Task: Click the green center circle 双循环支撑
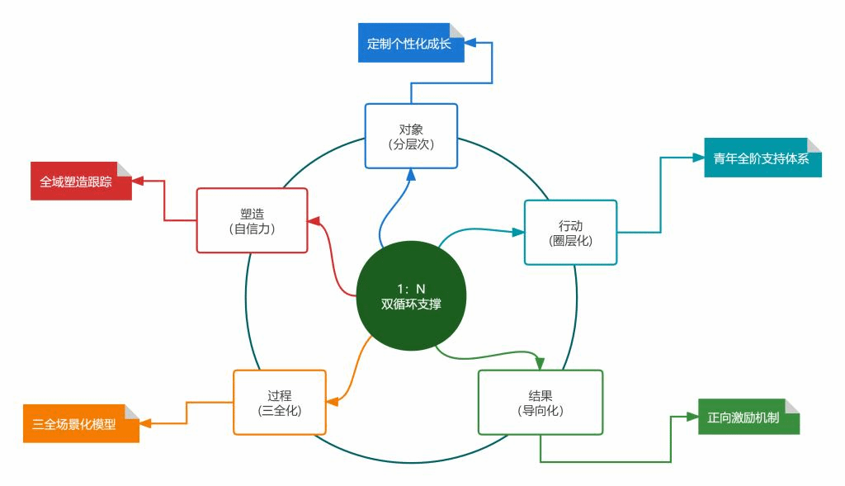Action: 411,297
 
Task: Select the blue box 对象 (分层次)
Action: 411,135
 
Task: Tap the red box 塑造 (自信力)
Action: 252,219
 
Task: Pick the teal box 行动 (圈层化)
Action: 570,232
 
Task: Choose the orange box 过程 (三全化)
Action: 280,402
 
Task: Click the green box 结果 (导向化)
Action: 541,402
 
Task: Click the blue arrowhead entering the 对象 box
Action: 411,173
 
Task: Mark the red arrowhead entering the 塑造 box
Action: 314,220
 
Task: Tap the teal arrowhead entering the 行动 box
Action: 518,233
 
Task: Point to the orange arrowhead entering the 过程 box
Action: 332,402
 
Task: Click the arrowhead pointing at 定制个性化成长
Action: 471,42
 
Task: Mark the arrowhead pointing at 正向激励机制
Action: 692,418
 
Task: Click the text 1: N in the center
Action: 410,289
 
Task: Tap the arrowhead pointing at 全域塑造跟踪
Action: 138,181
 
